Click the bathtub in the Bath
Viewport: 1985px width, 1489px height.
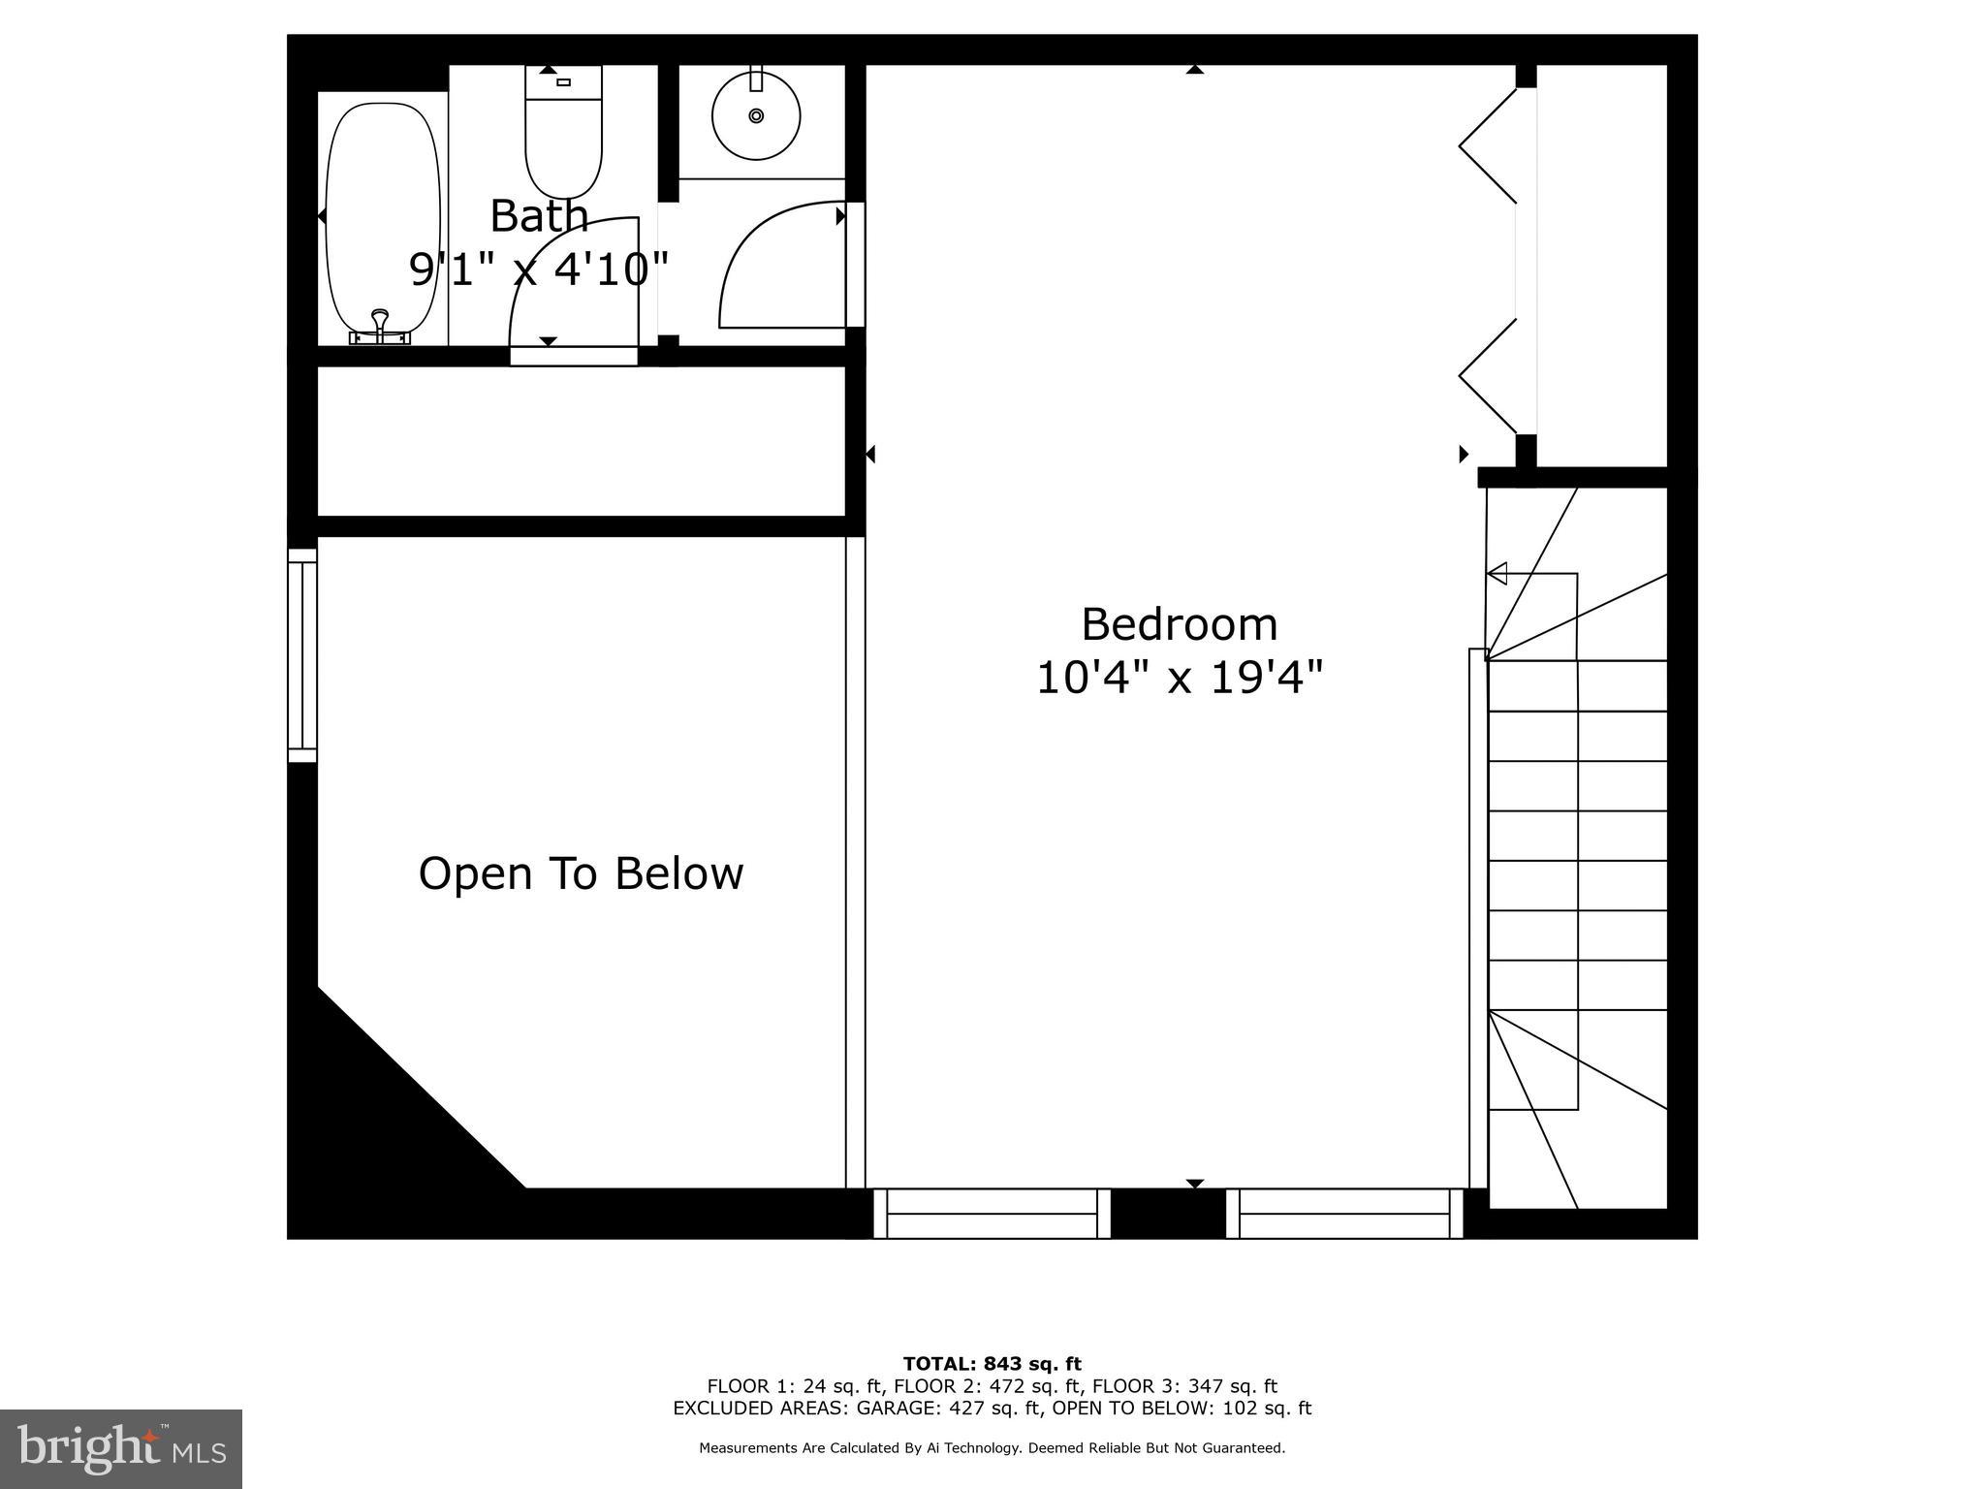click(376, 218)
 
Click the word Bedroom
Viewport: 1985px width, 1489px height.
click(1179, 624)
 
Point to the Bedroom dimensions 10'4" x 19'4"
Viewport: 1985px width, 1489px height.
click(1179, 678)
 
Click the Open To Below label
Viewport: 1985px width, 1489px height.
click(581, 873)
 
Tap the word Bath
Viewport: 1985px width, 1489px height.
click(539, 215)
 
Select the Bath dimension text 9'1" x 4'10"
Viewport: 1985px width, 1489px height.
click(539, 269)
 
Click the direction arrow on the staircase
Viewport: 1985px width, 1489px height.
click(1497, 574)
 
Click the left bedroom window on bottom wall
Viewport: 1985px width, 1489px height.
click(992, 1214)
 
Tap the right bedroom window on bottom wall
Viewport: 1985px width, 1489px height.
click(1344, 1214)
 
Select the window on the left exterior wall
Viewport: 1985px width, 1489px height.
click(302, 655)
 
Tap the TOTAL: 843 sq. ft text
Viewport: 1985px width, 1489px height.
click(992, 1365)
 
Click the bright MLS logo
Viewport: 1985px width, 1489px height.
click(121, 1448)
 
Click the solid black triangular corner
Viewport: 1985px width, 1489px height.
click(388, 1134)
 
